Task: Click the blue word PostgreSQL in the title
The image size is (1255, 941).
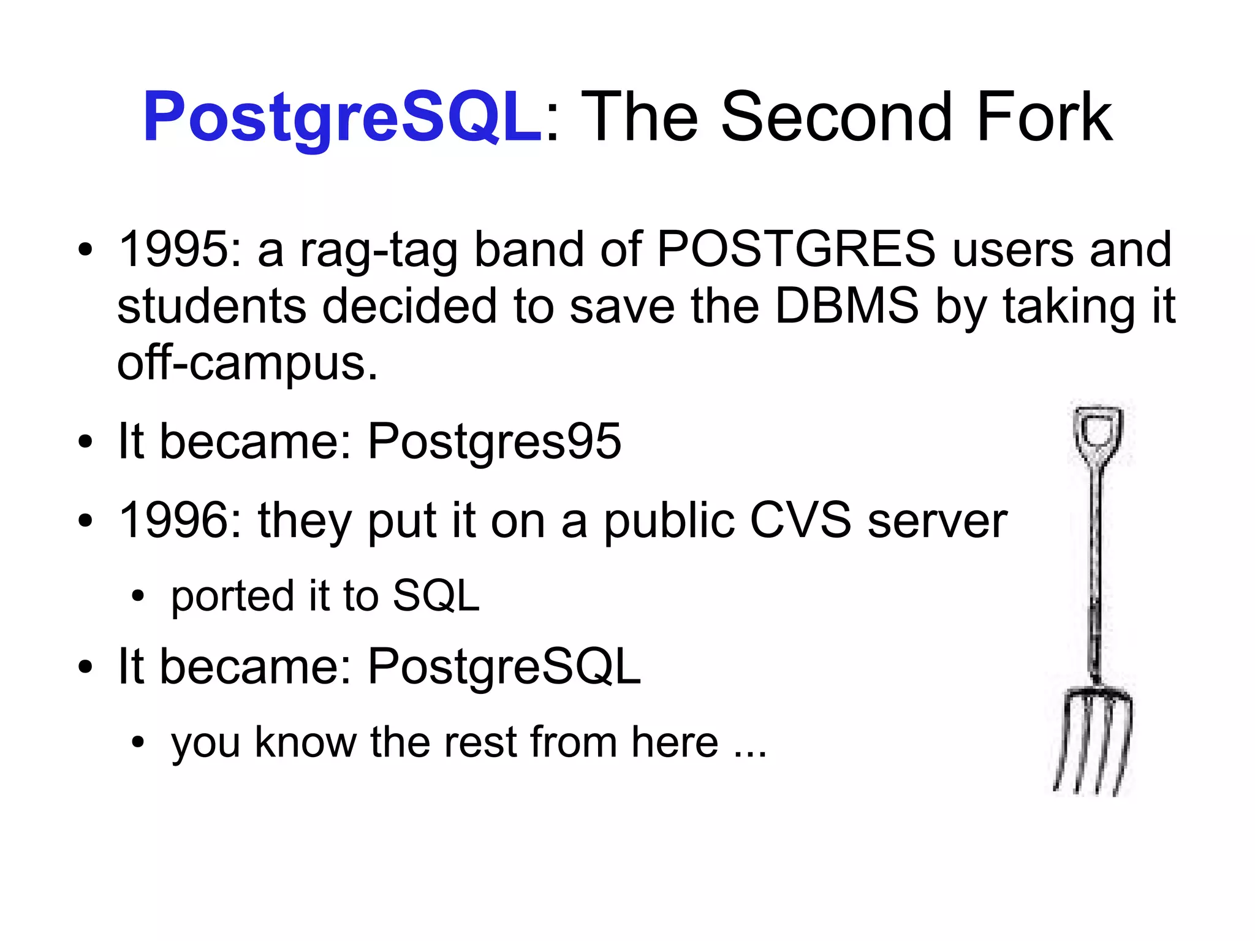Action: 342,116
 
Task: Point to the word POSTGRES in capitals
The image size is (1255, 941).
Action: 796,249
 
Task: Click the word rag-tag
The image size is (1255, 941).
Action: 378,250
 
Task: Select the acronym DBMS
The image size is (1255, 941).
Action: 846,305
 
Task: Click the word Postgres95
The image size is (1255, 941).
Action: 494,441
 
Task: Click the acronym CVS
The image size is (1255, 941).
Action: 800,520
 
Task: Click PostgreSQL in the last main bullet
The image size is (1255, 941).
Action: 504,666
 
